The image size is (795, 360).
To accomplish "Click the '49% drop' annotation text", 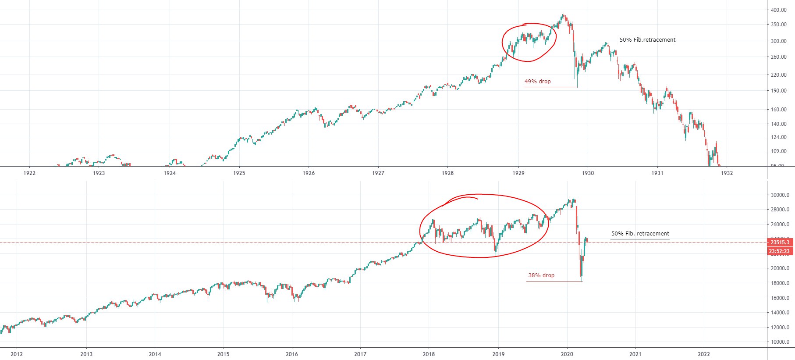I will click(x=537, y=82).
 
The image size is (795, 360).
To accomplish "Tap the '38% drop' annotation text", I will click(x=541, y=275).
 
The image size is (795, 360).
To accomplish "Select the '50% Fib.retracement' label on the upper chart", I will click(x=647, y=40).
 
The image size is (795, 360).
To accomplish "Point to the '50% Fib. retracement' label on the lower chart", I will click(x=640, y=234).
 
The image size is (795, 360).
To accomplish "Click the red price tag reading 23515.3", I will click(x=780, y=242).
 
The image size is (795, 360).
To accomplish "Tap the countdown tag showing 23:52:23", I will click(x=780, y=251).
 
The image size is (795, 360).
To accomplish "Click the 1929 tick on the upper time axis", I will click(x=518, y=173).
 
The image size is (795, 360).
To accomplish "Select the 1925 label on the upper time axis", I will click(x=239, y=173).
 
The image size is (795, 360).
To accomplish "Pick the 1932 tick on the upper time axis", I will click(x=727, y=173).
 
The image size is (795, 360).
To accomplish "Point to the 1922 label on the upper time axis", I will click(x=29, y=173).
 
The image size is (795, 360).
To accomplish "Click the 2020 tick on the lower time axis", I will click(x=567, y=354).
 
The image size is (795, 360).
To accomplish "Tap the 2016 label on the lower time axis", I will click(x=292, y=354).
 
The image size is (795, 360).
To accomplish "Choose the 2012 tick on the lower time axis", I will click(x=17, y=354).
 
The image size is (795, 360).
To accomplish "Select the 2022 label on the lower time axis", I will click(x=704, y=354).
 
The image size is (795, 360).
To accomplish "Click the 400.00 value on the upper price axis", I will click(x=779, y=11).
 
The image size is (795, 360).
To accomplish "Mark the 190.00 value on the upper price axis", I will click(x=779, y=91).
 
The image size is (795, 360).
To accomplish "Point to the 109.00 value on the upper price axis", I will click(x=779, y=151).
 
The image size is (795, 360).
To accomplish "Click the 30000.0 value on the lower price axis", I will click(x=780, y=195).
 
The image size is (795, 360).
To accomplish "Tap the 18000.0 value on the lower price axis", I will click(x=780, y=283).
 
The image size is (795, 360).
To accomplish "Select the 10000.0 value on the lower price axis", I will click(x=780, y=342).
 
